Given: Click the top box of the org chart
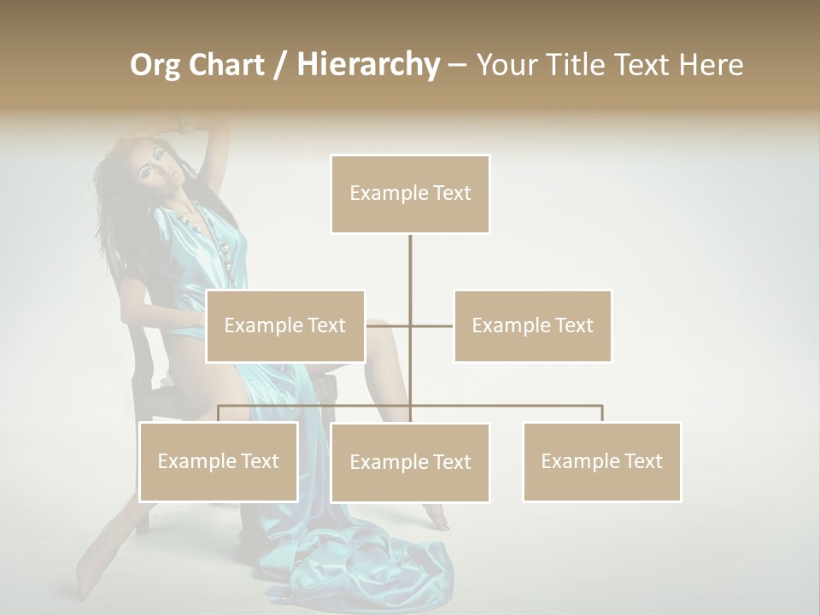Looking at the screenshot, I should tap(410, 194).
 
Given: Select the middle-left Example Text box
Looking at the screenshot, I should tap(285, 325).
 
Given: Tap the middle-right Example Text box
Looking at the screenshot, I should tap(532, 325).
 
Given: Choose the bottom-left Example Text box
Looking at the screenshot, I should tap(218, 461).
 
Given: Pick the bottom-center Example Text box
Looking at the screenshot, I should tap(410, 462).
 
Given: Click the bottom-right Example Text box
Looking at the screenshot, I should tap(601, 461).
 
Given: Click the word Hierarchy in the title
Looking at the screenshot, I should tap(368, 64).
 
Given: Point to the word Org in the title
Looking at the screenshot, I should tap(155, 65).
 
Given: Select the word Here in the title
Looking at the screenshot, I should tap(711, 65).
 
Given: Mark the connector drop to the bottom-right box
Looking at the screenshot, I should tap(601, 413).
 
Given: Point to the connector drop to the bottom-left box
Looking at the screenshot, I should tap(219, 413).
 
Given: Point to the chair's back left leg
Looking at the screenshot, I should tap(142, 512).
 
